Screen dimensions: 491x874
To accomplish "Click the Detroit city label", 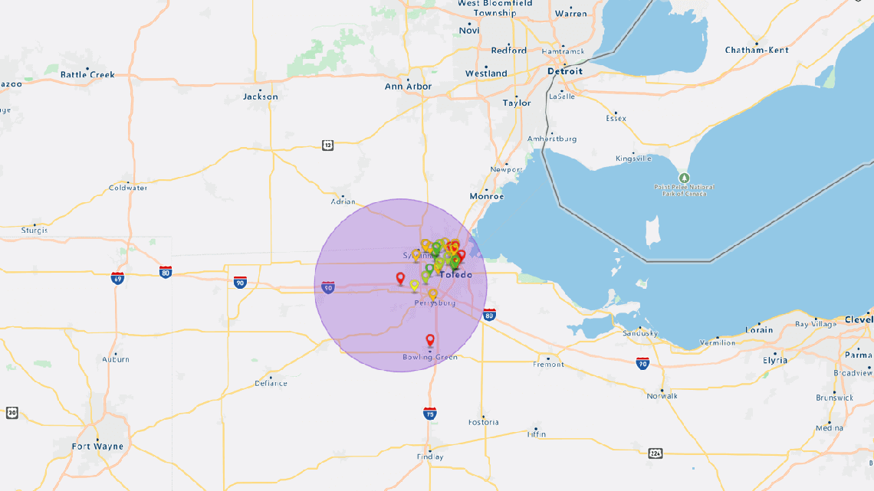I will coord(565,71).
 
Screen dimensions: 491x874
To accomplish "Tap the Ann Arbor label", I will coord(408,87).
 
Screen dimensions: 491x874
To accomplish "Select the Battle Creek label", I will coord(87,74).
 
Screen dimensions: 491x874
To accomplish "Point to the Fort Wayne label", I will coord(97,446).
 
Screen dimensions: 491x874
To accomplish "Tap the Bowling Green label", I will coord(430,357).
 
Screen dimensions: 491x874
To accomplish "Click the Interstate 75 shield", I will coord(430,413).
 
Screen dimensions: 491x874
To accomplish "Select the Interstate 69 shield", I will coord(117,277).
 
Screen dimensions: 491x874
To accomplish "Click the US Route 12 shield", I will coord(328,146).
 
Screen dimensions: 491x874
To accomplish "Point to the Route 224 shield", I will coord(655,453).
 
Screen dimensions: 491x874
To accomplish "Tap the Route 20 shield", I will coord(11,413).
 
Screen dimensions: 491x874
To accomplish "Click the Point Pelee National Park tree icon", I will coord(685,178).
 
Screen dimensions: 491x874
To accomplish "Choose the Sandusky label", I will coord(640,333).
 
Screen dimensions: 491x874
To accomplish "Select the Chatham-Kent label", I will coord(756,50).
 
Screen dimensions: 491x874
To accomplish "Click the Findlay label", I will coord(430,457).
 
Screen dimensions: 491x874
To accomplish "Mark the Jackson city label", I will coord(261,97).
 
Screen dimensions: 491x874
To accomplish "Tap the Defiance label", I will coord(271,383).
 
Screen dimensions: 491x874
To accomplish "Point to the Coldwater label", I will coord(128,188).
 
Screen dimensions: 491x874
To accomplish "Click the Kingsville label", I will coord(633,159).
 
